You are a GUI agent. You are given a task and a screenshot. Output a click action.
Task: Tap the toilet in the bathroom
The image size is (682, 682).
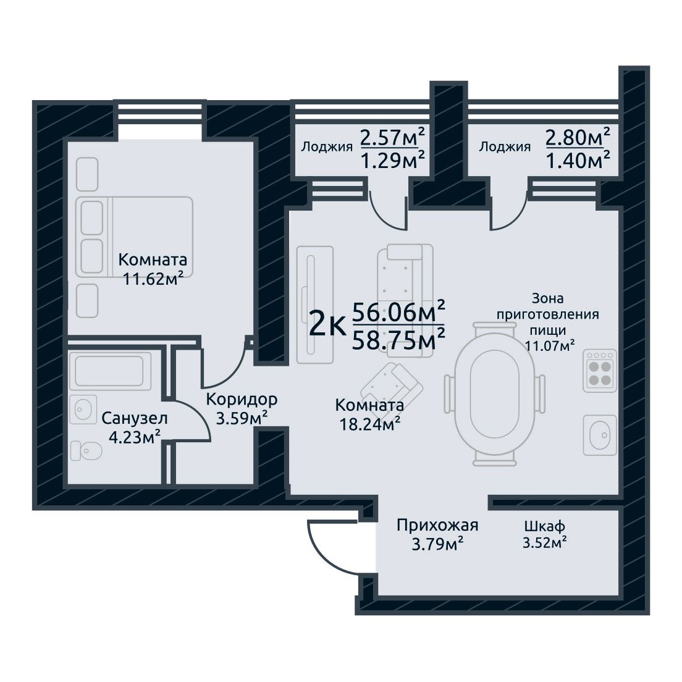pos(86,450)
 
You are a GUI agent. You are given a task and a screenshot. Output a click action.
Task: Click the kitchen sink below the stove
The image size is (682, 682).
pos(600,435)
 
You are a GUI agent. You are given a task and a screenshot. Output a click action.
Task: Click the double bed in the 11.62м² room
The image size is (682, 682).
pos(135,237)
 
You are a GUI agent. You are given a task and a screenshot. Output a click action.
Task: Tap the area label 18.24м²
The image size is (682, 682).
pos(369,424)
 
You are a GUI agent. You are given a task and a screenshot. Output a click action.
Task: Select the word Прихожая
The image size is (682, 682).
pos(437,526)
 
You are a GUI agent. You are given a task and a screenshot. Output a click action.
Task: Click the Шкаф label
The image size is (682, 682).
pos(545,526)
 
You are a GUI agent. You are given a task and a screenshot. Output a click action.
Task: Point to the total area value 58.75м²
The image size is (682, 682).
pos(398,339)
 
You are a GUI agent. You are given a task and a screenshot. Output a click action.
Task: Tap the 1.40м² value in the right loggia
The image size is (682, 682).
pos(578,161)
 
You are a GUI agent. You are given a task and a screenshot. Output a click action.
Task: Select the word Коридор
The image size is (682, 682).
pos(242,399)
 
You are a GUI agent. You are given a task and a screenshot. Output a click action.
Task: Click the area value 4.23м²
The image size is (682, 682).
pos(135,437)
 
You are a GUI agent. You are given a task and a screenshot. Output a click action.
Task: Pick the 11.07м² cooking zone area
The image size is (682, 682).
pos(550,347)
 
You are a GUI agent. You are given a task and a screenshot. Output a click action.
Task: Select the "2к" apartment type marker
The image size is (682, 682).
pos(327,326)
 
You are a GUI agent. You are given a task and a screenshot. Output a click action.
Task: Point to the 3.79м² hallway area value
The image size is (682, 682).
pos(437,544)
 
